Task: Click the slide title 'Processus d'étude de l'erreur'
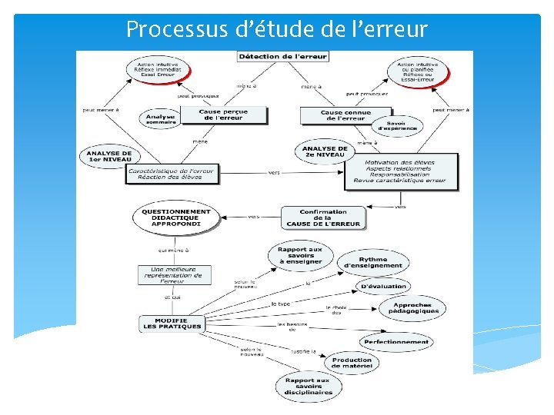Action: pos(276,29)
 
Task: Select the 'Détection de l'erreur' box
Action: pos(283,57)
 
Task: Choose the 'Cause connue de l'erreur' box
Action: pos(346,115)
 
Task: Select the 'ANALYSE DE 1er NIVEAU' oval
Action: pos(109,157)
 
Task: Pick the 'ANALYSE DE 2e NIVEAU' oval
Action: pos(325,151)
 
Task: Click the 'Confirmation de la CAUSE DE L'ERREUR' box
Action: pos(323,217)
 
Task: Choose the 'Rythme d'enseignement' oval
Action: pos(373,263)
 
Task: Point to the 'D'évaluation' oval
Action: pos(383,287)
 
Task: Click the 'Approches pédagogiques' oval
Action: pos(412,308)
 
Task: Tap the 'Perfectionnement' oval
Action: pos(396,341)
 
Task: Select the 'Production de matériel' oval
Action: pos(352,363)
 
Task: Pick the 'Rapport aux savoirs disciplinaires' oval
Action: pos(308,386)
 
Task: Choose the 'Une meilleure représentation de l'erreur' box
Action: pos(173,275)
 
